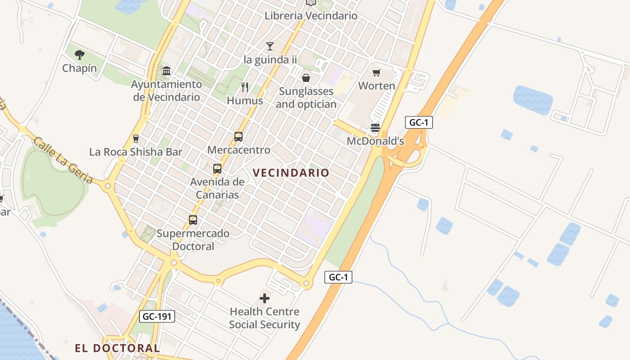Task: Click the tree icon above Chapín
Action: point(80,55)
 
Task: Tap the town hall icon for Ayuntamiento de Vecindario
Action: point(166,71)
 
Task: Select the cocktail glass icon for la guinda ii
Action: point(270,46)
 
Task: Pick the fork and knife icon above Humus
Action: point(245,87)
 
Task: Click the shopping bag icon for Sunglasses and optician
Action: point(306,78)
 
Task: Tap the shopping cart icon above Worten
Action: point(377,72)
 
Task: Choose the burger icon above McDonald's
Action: point(375,128)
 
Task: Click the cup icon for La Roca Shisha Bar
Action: point(136,139)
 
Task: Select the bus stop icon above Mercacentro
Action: point(238,136)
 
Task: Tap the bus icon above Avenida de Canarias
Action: point(217,169)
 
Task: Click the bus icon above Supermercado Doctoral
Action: point(193,220)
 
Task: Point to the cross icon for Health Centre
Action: point(265,298)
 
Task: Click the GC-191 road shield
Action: point(157,316)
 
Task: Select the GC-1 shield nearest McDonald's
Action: point(418,122)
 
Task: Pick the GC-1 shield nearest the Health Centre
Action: point(338,277)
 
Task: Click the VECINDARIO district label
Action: point(291,173)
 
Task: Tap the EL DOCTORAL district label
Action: point(117,348)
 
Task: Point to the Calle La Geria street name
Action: point(63,160)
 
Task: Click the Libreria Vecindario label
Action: point(311,16)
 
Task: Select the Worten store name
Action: point(377,85)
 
